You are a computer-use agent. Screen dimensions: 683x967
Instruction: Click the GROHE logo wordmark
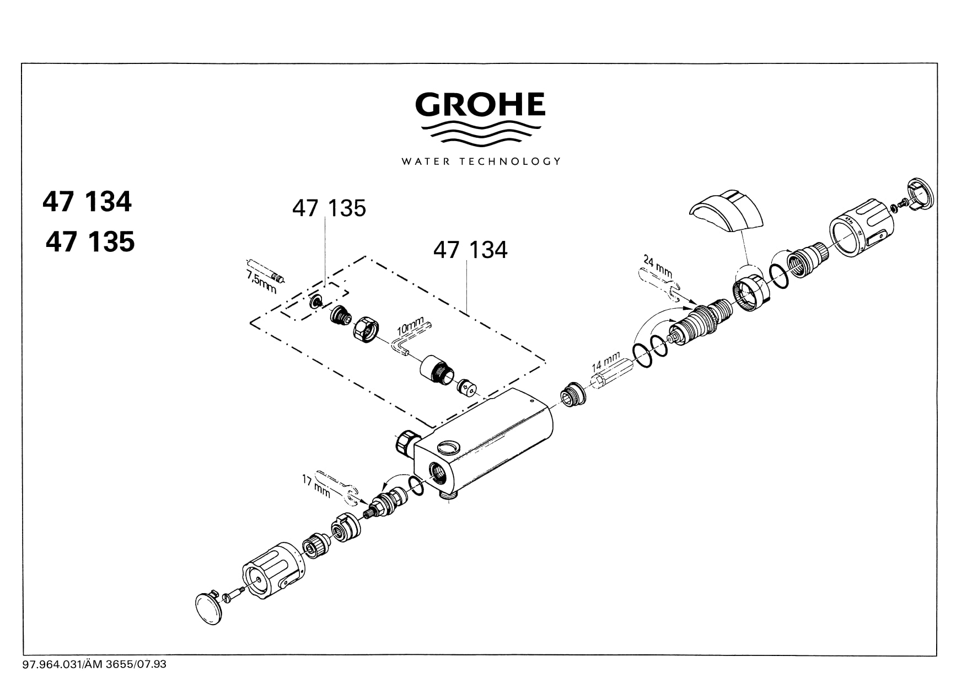pos(480,105)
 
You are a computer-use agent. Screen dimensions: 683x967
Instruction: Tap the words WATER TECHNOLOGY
pos(481,162)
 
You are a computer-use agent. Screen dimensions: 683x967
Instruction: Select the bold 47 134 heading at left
pos(87,202)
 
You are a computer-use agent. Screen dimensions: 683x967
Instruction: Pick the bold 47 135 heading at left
pos(90,242)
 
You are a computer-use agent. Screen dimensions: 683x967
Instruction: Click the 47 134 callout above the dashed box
pos(470,250)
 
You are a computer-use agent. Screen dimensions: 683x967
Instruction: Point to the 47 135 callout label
pos(329,208)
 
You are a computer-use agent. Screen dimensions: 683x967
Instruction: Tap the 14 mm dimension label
pos(606,362)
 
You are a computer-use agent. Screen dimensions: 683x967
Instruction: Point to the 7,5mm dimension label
pos(261,281)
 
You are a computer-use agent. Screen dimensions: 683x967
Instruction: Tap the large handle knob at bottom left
pos(273,571)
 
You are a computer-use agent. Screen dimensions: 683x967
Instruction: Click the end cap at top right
pos(919,195)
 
